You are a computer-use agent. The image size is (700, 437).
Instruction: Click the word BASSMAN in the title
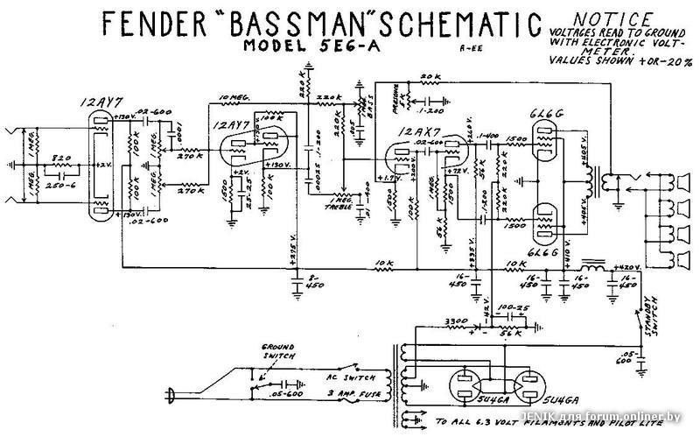(288, 22)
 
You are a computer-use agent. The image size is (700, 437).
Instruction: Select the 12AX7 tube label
(417, 131)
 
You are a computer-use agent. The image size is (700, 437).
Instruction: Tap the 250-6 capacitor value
(63, 186)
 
